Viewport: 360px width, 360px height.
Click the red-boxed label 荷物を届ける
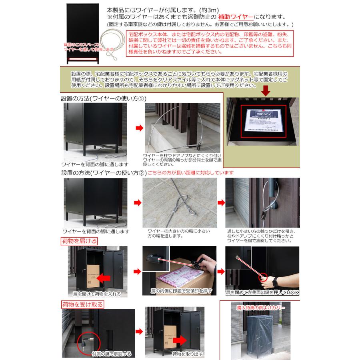coord(78,241)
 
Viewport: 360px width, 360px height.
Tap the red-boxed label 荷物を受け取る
coord(82,304)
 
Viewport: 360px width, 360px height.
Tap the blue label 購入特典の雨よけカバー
coord(258,309)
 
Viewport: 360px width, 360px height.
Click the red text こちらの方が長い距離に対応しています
coord(190,173)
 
